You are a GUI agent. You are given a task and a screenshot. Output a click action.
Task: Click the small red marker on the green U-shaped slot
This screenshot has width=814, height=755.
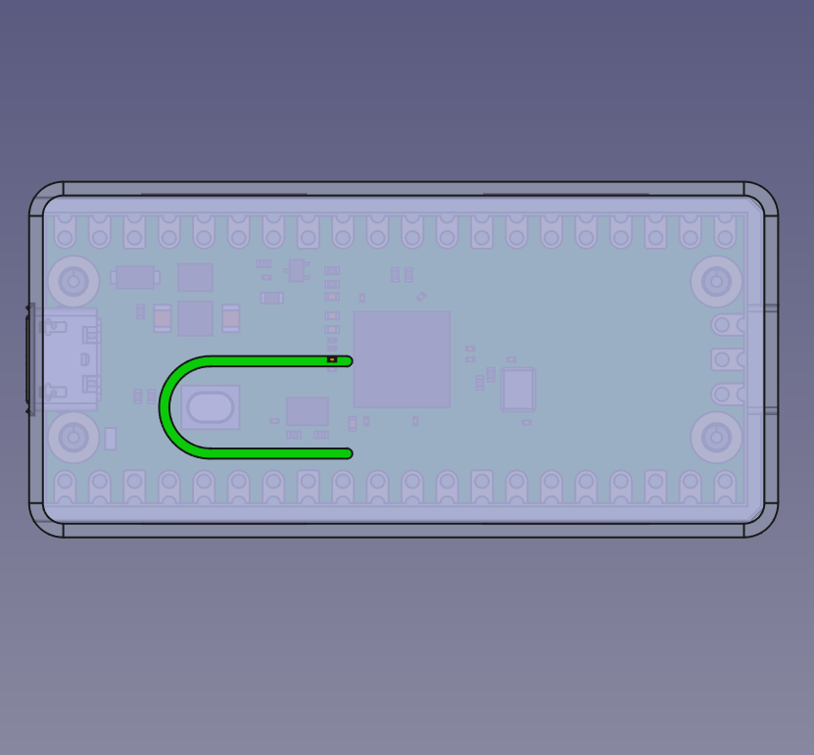pos(332,360)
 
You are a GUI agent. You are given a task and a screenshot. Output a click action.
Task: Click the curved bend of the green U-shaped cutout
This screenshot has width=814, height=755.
pos(167,407)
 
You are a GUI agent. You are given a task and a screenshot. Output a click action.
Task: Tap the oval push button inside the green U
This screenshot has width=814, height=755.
pos(210,407)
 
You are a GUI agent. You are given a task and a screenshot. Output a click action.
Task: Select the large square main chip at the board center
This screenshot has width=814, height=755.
pos(402,359)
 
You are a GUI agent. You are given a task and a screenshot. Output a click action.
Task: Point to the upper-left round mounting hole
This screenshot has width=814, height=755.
pos(73,282)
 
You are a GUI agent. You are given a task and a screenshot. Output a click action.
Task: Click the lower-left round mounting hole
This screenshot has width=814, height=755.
pos(73,437)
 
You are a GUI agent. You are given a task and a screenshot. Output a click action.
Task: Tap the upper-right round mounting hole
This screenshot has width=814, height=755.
pos(716,282)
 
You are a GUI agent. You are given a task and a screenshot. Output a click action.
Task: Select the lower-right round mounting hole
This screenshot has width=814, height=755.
pos(716,437)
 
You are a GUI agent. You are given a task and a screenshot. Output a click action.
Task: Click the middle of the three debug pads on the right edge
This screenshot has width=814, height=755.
pos(726,359)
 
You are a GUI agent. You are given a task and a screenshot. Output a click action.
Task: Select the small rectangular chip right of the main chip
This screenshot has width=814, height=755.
pos(518,390)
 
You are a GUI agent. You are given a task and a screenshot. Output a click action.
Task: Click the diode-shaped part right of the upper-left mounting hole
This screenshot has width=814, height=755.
pos(135,277)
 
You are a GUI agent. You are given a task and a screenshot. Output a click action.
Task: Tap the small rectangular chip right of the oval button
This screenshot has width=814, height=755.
pos(307,411)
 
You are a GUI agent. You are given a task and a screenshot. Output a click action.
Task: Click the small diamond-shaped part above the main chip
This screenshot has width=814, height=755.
pos(421,297)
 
